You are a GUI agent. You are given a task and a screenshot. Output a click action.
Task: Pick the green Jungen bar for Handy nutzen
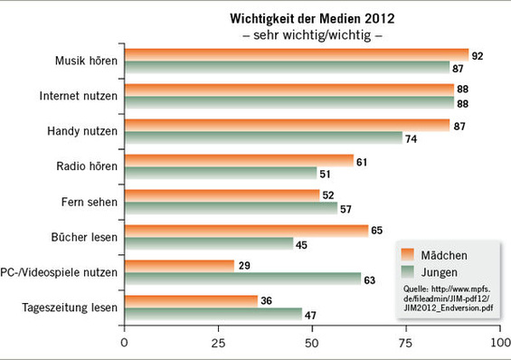[263, 137]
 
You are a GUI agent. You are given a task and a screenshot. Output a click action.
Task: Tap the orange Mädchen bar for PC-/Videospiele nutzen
[178, 265]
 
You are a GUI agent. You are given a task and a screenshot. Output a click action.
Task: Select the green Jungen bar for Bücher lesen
[208, 243]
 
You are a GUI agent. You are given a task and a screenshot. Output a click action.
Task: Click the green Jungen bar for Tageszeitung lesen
[213, 314]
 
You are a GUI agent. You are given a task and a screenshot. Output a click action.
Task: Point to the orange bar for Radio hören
[239, 161]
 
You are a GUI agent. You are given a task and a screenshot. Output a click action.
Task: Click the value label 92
[478, 56]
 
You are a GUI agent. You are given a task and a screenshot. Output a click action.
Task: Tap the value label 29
[241, 265]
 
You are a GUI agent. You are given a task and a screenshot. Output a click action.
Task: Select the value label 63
[369, 279]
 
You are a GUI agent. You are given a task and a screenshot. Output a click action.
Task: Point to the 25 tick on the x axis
[218, 344]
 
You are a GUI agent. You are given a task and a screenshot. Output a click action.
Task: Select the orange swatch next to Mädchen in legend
[408, 252]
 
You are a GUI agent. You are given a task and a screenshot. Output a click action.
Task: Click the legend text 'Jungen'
[439, 270]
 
